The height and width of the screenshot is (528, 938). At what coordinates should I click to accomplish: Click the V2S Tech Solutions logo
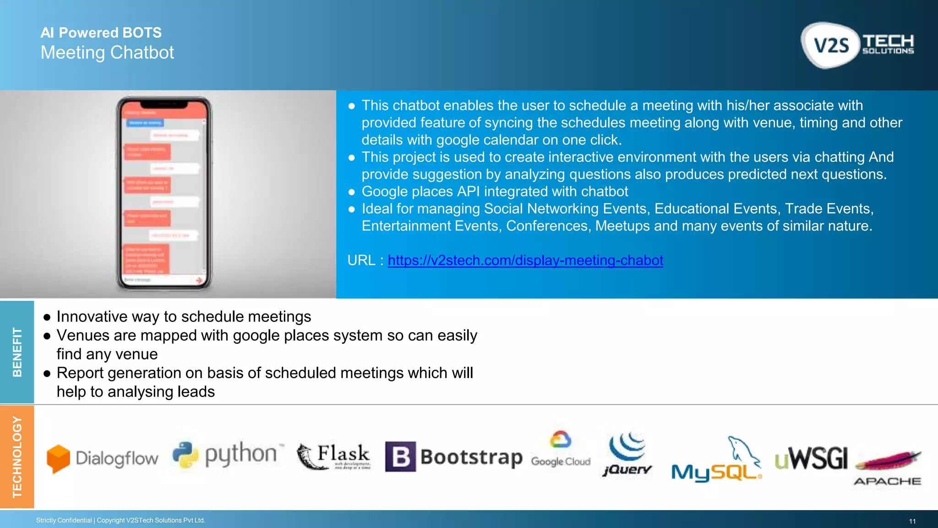857,45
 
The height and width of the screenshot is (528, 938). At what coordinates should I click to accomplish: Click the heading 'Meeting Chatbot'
107,53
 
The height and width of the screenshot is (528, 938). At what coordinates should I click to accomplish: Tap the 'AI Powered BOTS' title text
101,33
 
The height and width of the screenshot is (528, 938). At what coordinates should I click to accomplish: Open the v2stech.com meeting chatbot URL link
525,260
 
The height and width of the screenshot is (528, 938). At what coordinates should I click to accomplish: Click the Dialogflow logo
103,458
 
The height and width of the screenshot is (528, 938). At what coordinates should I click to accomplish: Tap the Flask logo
333,456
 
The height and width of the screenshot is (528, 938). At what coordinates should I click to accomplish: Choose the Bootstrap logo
453,457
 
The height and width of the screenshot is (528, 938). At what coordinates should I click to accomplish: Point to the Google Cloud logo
561,449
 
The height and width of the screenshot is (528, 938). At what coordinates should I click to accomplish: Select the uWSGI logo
811,458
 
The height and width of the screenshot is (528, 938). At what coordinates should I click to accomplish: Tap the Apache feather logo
887,467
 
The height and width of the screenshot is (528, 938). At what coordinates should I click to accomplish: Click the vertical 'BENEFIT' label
17,352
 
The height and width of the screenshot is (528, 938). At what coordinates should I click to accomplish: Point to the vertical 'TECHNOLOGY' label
17,457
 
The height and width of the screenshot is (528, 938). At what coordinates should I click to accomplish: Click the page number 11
912,521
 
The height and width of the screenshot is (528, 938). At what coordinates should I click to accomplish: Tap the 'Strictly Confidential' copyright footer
120,520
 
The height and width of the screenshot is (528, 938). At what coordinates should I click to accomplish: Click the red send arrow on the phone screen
199,280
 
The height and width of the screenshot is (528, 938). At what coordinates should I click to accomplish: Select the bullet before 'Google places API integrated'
352,192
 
